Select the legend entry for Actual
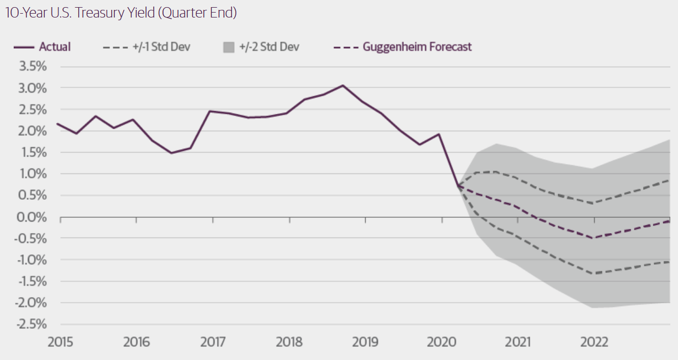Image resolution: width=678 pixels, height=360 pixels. (55, 47)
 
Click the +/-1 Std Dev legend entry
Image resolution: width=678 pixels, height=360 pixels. (161, 47)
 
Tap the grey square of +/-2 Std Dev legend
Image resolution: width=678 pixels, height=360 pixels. (229, 47)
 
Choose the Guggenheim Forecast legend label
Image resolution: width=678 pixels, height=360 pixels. (417, 47)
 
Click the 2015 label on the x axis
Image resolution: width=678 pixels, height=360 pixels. (60, 343)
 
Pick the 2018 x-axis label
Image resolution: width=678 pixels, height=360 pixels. (289, 343)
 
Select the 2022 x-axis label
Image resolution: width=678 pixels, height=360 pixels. (594, 343)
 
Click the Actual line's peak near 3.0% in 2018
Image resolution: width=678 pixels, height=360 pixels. (343, 85)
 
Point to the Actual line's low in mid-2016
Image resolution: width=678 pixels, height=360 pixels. (171, 153)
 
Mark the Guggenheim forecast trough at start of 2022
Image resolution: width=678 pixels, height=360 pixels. (593, 238)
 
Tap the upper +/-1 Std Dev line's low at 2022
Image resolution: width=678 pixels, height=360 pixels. (593, 204)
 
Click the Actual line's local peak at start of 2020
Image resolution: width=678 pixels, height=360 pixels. (439, 134)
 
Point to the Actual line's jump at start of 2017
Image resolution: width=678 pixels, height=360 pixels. (210, 111)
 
